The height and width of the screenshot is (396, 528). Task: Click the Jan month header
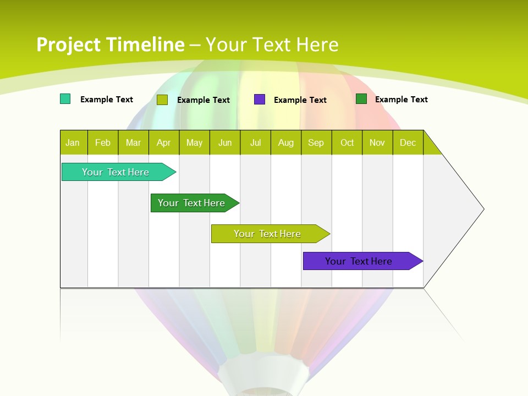pos(73,142)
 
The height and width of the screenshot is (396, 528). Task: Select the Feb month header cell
pos(103,142)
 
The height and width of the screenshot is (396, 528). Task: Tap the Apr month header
pos(164,142)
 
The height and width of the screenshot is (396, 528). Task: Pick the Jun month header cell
pos(225,142)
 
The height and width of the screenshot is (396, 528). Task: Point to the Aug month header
pos(286,142)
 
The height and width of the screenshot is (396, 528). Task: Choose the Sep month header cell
pos(316,142)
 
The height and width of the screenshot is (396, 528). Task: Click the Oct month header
pos(347,142)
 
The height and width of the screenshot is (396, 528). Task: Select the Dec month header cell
pos(408,142)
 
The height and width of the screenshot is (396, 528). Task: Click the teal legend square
pos(65,99)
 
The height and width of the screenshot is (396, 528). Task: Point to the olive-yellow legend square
pos(162,100)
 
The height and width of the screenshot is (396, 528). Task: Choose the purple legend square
pos(260,100)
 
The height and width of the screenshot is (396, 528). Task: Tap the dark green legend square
pos(361,99)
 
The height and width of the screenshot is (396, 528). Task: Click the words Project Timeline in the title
pos(110,45)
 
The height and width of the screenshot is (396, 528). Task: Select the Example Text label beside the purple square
pos(300,100)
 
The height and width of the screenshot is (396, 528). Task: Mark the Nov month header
pos(377,142)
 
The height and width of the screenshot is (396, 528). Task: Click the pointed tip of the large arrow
pos(482,209)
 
